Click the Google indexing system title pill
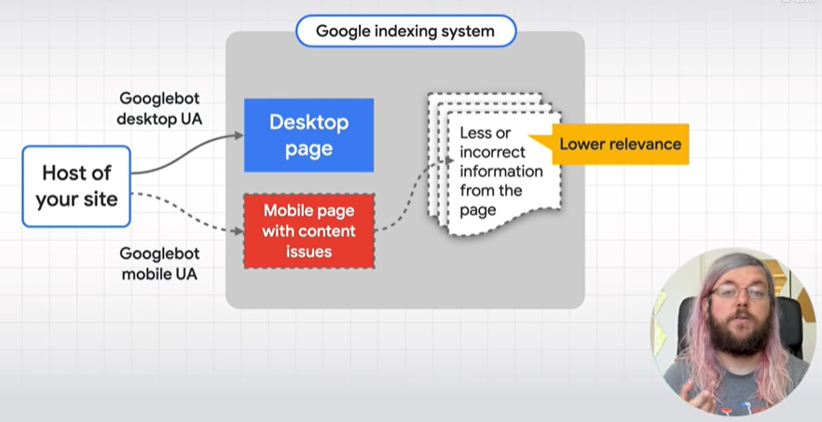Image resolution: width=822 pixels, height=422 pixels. [405, 31]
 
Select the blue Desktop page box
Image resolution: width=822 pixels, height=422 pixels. [308, 134]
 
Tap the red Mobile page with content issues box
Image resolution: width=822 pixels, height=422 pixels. [308, 231]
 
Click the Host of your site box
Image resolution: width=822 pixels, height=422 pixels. [76, 187]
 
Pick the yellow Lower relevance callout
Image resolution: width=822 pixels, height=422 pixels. [612, 145]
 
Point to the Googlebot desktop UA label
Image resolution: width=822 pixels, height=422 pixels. [159, 108]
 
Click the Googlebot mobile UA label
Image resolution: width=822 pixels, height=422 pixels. [159, 263]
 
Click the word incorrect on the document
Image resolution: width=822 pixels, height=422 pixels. [492, 152]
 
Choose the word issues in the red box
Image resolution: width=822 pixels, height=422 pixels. [308, 251]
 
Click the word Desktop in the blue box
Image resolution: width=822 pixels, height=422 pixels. [308, 122]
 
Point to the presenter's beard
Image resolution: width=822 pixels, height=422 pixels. [737, 331]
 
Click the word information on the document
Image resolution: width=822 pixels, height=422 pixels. [501, 171]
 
